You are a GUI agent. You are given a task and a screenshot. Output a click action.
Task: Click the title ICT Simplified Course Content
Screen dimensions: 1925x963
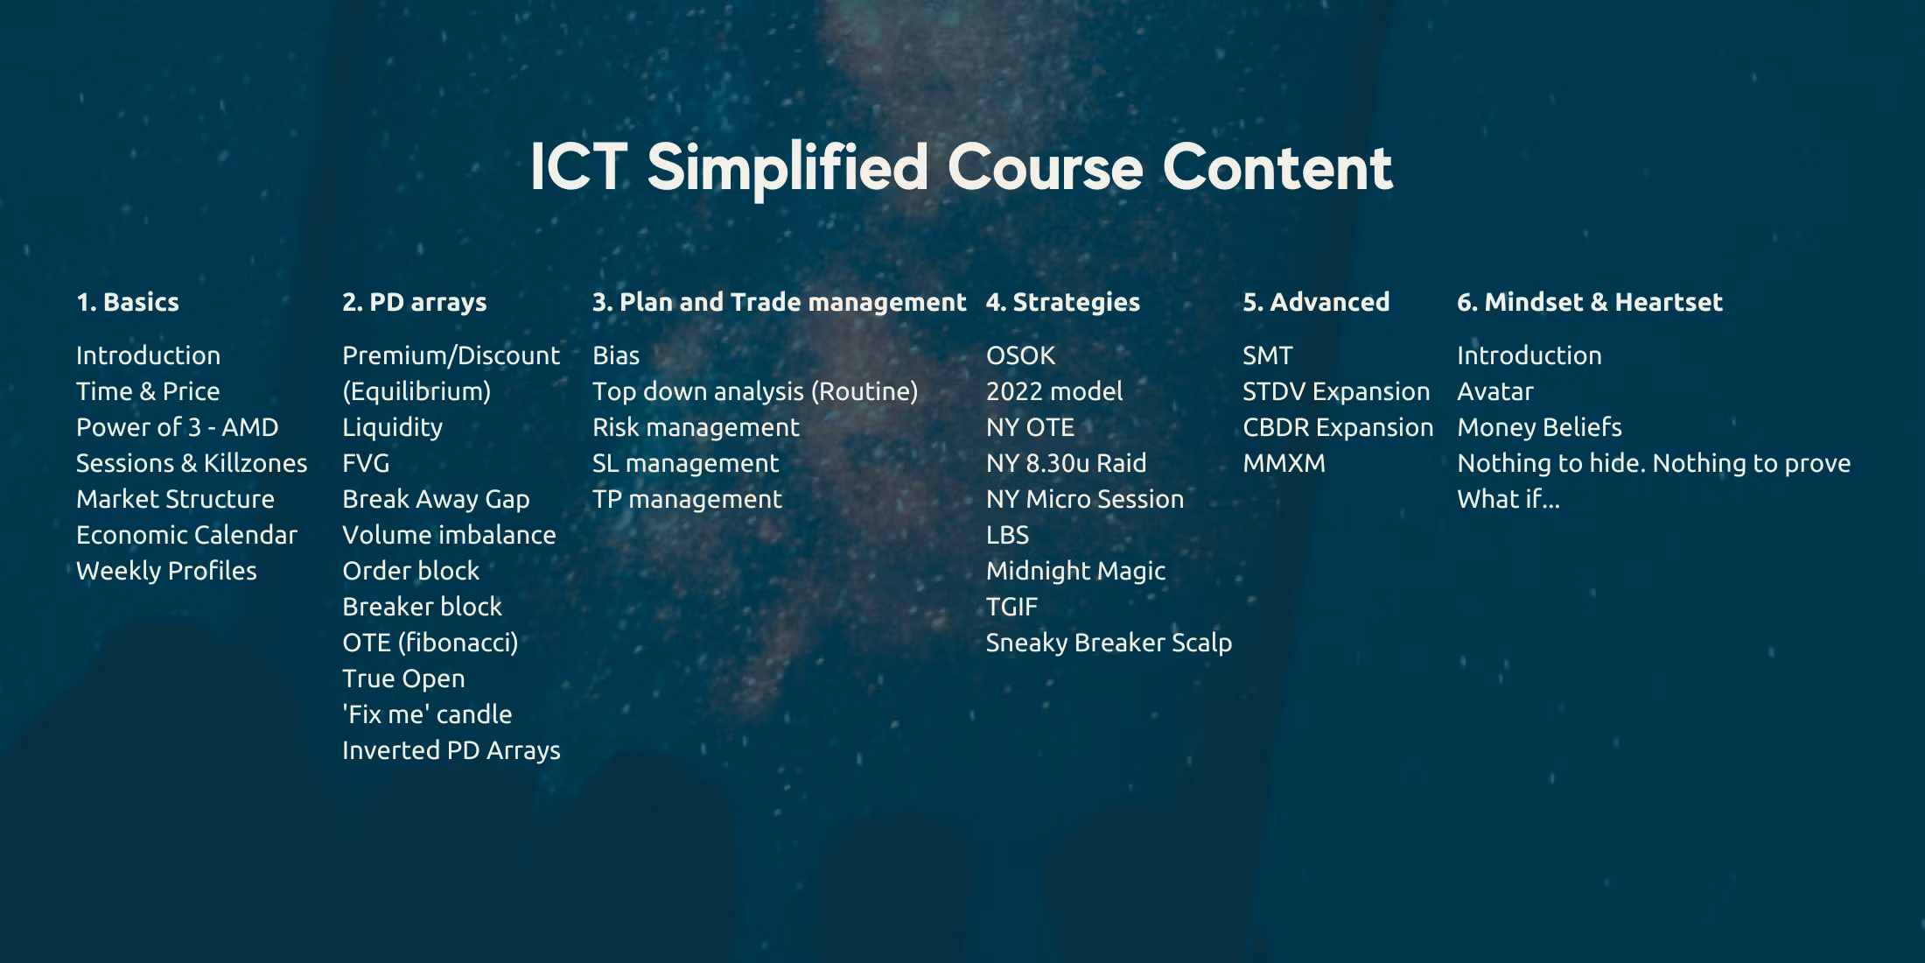click(x=962, y=167)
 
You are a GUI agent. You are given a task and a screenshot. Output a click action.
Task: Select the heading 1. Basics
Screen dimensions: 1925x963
click(x=128, y=302)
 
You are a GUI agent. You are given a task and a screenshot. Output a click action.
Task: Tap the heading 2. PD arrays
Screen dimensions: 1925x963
click(x=415, y=303)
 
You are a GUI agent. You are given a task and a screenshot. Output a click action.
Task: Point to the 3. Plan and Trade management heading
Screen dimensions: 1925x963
click(x=780, y=303)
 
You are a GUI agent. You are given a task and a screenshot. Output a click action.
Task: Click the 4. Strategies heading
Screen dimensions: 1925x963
click(x=1063, y=303)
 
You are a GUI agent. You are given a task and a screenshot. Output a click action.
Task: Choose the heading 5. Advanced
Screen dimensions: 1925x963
click(x=1316, y=302)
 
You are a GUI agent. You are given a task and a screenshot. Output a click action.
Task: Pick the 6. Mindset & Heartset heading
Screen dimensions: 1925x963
click(x=1590, y=302)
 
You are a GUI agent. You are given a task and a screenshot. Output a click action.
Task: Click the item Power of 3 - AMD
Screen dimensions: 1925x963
click(x=178, y=427)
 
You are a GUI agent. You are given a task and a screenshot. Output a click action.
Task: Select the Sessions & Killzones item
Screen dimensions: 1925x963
click(x=192, y=463)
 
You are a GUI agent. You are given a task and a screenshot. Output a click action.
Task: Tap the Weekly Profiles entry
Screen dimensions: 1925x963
click(x=166, y=571)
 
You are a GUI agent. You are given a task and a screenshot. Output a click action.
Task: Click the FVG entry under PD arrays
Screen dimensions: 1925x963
click(x=366, y=463)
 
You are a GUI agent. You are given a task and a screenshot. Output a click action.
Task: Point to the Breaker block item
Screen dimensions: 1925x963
click(x=423, y=607)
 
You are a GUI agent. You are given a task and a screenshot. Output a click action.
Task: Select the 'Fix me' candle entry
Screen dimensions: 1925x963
click(x=427, y=714)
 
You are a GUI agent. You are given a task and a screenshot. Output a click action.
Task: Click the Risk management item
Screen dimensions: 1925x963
click(x=696, y=427)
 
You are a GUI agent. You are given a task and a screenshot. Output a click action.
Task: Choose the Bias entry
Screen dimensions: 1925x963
click(x=616, y=355)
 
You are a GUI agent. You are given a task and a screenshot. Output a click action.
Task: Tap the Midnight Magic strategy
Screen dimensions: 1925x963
click(x=1076, y=572)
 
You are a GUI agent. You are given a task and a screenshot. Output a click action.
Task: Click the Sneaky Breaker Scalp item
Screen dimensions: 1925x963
click(x=1109, y=643)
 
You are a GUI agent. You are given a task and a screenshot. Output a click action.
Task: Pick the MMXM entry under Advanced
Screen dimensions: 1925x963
click(x=1284, y=463)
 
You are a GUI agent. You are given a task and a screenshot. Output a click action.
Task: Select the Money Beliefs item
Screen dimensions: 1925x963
click(x=1540, y=427)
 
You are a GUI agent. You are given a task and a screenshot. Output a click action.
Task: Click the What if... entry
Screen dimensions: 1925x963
click(x=1508, y=499)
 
